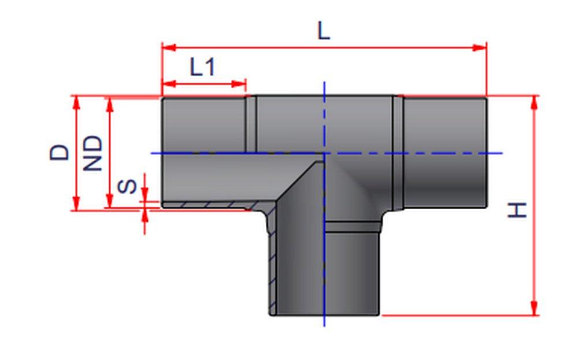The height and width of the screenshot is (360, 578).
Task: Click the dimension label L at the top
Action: pos(324,31)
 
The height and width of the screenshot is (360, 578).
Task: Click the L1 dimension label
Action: pos(202,68)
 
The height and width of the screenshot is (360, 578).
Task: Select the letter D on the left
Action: pos(60,152)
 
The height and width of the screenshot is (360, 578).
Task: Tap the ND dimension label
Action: pos(92,153)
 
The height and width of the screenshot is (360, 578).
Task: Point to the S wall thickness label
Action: pos(128,187)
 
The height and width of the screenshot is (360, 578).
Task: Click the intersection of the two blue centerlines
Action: pos(324,153)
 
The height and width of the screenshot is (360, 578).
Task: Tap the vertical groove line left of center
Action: pos(251,124)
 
